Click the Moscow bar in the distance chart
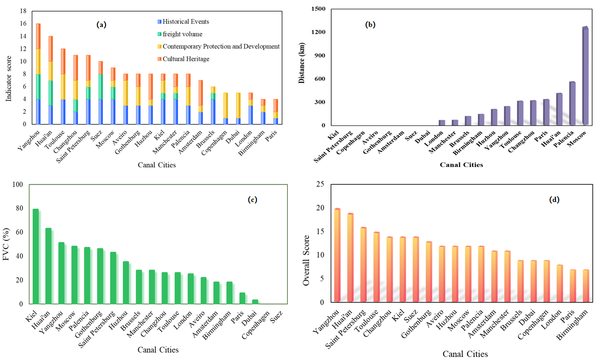tap(585, 76)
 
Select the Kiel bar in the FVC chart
tap(35, 256)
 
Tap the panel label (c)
tap(252, 200)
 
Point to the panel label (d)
tap(554, 200)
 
